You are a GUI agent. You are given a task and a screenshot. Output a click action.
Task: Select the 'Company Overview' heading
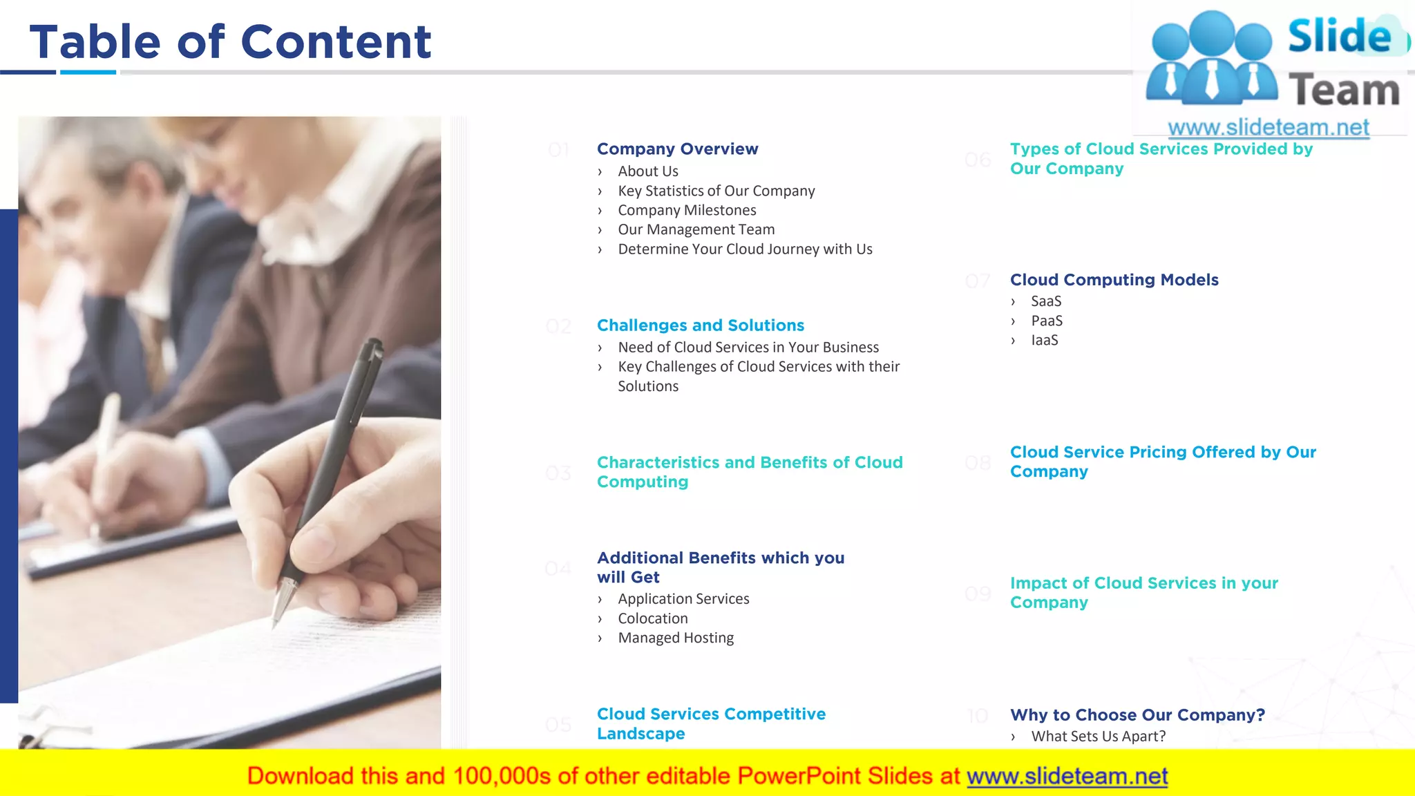pyautogui.click(x=677, y=149)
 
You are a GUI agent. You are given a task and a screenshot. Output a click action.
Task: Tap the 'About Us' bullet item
pyautogui.click(x=647, y=171)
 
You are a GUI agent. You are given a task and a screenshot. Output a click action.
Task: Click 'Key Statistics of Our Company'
pyautogui.click(x=716, y=191)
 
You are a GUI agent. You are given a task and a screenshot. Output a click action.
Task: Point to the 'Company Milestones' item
pyautogui.click(x=687, y=210)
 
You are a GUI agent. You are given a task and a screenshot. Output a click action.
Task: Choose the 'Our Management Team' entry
pyautogui.click(x=696, y=229)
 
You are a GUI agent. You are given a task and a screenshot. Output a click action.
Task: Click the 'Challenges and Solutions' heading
pyautogui.click(x=700, y=325)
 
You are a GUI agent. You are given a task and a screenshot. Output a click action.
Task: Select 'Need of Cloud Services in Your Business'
pyautogui.click(x=748, y=347)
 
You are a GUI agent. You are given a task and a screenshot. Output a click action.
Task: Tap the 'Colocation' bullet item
pyautogui.click(x=652, y=618)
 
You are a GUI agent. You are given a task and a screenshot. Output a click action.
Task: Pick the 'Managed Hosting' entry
pyautogui.click(x=675, y=638)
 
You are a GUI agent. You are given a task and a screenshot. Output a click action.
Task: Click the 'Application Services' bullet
pyautogui.click(x=683, y=599)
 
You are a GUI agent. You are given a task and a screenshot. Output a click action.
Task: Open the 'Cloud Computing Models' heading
pyautogui.click(x=1114, y=280)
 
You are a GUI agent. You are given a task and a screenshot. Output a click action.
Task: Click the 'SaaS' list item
pyautogui.click(x=1045, y=301)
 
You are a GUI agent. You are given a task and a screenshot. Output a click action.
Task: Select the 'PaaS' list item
pyautogui.click(x=1046, y=321)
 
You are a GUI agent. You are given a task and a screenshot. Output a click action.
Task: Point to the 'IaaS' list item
pyautogui.click(x=1044, y=340)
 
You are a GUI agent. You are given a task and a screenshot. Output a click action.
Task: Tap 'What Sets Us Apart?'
pyautogui.click(x=1098, y=737)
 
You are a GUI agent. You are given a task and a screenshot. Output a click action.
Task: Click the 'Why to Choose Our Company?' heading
pyautogui.click(x=1137, y=715)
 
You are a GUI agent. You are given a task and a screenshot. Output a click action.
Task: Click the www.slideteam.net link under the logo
pyautogui.click(x=1268, y=128)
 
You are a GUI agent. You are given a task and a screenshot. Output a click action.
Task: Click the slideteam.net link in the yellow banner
pyautogui.click(x=1067, y=777)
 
